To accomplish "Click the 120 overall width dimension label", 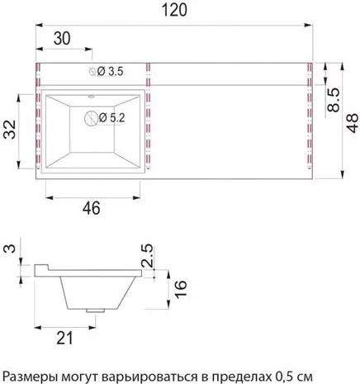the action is coord(174,11).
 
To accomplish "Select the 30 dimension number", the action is coord(62,38).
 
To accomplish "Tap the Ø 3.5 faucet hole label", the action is coord(110,72).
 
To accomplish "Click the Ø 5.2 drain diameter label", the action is coord(111,118).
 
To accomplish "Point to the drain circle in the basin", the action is coord(91,118).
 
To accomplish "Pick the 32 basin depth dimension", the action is coord(10,130).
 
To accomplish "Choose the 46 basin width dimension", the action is coord(92,208).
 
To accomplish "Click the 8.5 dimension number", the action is coord(334,100).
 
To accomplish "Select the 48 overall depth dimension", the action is coord(352,123).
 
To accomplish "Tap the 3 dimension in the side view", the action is coord(11,249).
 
